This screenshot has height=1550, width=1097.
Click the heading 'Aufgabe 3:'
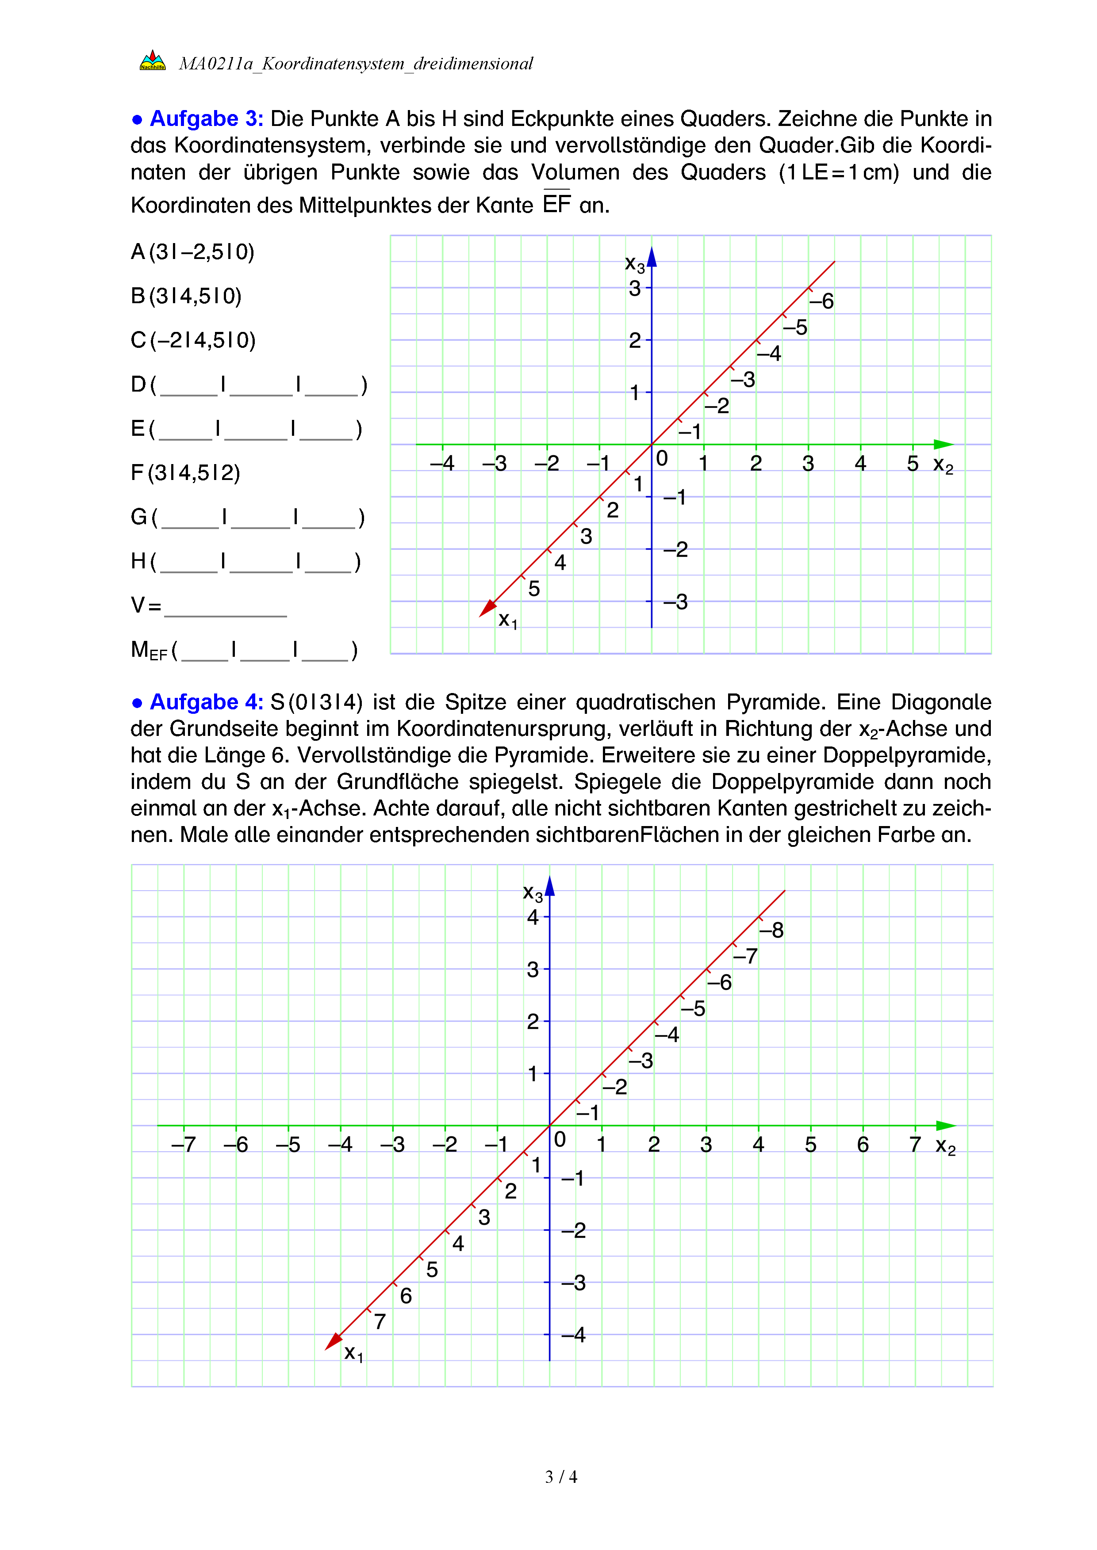pos(206,119)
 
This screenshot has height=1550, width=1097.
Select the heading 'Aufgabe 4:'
pos(206,702)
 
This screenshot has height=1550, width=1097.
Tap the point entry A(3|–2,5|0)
pos(192,252)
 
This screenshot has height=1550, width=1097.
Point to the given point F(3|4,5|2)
pos(186,472)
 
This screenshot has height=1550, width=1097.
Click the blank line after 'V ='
pos(225,608)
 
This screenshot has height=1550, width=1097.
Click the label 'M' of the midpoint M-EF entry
pos(140,649)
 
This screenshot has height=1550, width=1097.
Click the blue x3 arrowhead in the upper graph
pos(652,258)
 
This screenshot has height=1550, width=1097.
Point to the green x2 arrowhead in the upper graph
pos(943,444)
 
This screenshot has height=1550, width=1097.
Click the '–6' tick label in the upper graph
pos(821,301)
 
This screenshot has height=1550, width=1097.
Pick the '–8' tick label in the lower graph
pos(771,930)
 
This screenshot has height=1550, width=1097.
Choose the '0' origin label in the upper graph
pos(662,459)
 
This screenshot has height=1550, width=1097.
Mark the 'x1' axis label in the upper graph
pos(507,620)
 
